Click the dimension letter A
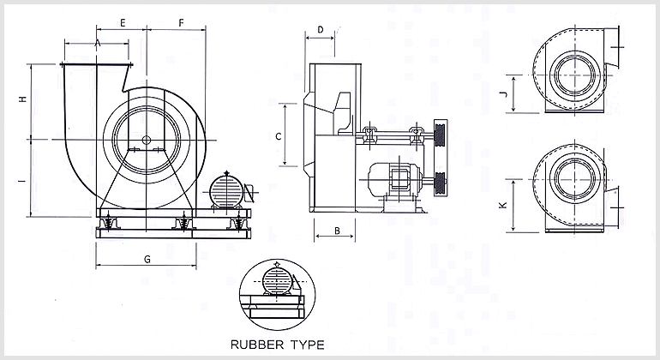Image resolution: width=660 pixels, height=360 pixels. (x=98, y=42)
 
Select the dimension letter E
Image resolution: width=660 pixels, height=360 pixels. (x=123, y=21)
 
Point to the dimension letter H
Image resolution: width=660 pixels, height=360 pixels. (x=22, y=100)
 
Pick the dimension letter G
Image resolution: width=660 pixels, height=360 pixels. (x=147, y=259)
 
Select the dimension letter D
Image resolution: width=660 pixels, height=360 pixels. (x=320, y=30)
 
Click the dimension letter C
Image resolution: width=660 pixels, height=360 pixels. (x=278, y=135)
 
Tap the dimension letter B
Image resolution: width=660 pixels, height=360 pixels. (x=337, y=230)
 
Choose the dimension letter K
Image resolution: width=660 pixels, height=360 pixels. (x=503, y=205)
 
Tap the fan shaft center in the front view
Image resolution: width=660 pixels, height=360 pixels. (x=147, y=140)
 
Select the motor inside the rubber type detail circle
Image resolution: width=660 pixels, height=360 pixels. (x=276, y=280)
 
